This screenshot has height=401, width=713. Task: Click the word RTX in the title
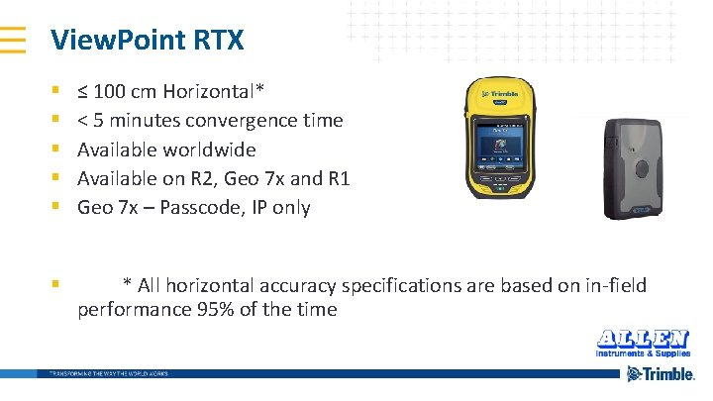tap(210, 41)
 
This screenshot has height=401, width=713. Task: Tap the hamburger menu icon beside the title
tap(13, 39)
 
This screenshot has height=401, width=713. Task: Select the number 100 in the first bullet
tap(111, 92)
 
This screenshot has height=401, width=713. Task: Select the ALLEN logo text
tap(643, 337)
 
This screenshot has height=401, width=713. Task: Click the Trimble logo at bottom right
tap(661, 374)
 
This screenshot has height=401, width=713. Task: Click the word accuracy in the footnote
tap(296, 286)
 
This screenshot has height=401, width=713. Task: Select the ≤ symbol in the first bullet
tap(83, 93)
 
